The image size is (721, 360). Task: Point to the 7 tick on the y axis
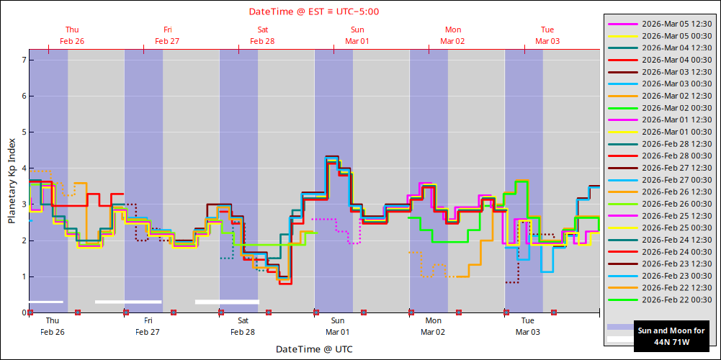[24, 60]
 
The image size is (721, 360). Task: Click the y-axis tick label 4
[24, 168]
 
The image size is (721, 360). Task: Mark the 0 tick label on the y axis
[24, 312]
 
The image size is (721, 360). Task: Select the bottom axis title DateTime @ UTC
[314, 349]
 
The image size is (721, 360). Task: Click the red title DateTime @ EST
[314, 12]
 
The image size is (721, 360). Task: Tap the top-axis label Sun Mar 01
[357, 35]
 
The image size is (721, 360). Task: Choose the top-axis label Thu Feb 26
[72, 35]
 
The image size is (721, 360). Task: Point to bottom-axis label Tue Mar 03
[528, 326]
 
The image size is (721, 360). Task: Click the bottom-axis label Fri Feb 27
[148, 326]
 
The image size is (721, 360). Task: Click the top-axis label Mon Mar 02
[453, 35]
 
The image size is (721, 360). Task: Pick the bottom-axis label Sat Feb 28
[243, 326]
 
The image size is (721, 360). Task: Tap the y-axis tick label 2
[24, 240]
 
